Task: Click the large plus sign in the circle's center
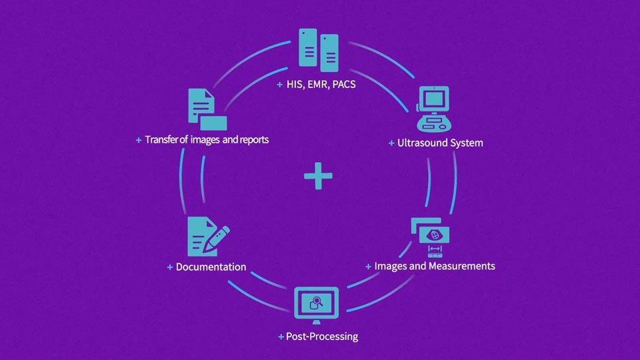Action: point(318,177)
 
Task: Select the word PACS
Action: point(345,85)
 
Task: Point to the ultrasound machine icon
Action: point(434,109)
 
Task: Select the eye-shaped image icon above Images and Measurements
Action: point(434,235)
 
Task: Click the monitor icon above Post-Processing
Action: point(317,304)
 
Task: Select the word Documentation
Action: point(211,267)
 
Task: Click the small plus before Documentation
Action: point(170,267)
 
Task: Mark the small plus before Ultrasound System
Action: point(391,143)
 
